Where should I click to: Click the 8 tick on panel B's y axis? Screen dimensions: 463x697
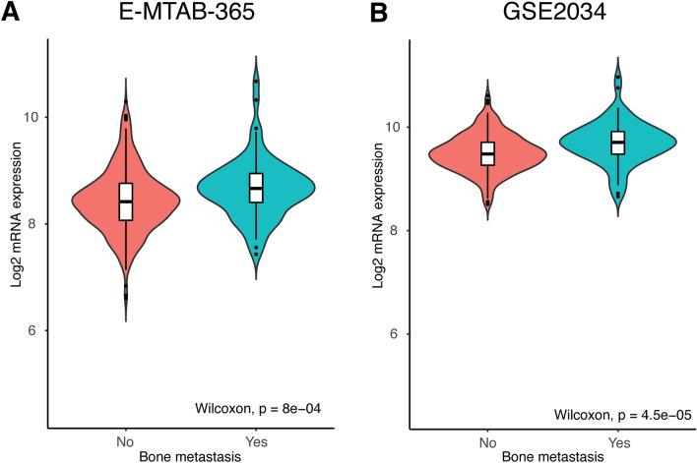click(x=392, y=230)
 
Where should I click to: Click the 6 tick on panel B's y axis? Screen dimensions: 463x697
click(x=392, y=334)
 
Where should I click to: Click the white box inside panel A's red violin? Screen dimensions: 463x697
click(x=125, y=202)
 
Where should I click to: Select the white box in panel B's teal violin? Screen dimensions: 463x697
click(x=617, y=143)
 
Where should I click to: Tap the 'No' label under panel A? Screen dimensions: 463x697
click(x=125, y=442)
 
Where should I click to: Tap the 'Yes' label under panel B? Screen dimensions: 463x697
click(x=617, y=442)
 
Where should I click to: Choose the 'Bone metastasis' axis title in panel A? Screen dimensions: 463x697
click(x=190, y=456)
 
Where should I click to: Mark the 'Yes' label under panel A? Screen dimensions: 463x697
click(x=256, y=442)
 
